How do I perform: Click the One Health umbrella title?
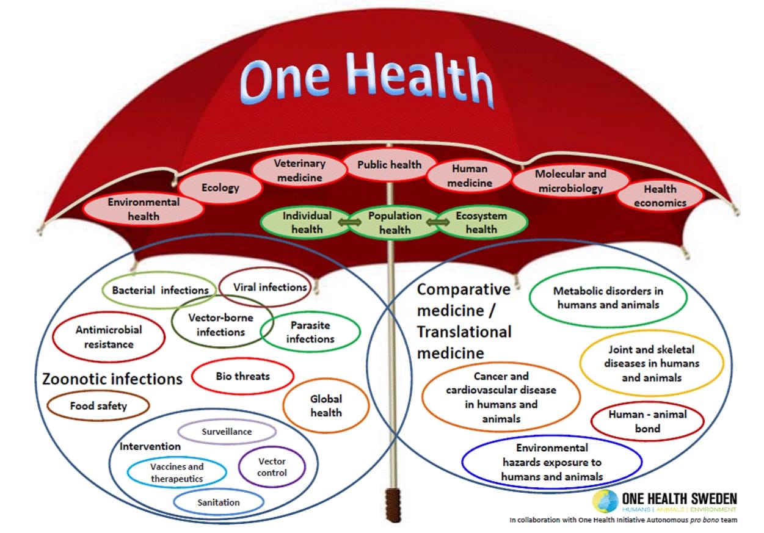pos(366,79)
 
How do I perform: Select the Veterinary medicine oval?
pos(299,170)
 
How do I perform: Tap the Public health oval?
pos(389,164)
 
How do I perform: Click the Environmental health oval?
pos(144,209)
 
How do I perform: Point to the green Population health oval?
pos(395,223)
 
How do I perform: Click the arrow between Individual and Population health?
pos(350,222)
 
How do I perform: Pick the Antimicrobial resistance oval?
pos(109,336)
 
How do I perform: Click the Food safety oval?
pos(98,406)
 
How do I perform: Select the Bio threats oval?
pos(242,376)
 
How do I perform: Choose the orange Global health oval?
pos(326,405)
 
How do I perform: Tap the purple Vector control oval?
pos(272,467)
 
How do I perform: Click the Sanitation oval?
pos(218,502)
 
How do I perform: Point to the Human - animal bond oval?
pos(647,421)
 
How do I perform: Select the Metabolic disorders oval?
pos(608,297)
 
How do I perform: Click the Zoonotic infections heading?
pos(112,379)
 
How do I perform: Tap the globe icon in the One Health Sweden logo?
pos(605,501)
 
